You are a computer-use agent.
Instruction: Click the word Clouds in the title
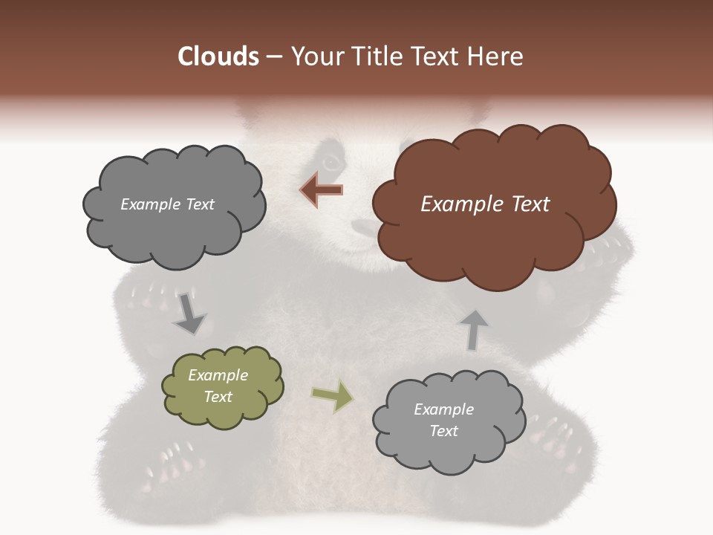click(x=219, y=56)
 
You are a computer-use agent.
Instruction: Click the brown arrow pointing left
click(x=322, y=190)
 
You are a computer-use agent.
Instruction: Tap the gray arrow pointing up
click(x=474, y=329)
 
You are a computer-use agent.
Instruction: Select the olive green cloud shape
click(x=222, y=386)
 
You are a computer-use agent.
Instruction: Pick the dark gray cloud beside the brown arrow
click(x=172, y=204)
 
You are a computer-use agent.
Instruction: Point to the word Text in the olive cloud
click(x=218, y=397)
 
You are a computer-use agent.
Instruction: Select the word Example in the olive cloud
click(x=218, y=375)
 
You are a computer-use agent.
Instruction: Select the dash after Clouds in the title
click(x=273, y=57)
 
